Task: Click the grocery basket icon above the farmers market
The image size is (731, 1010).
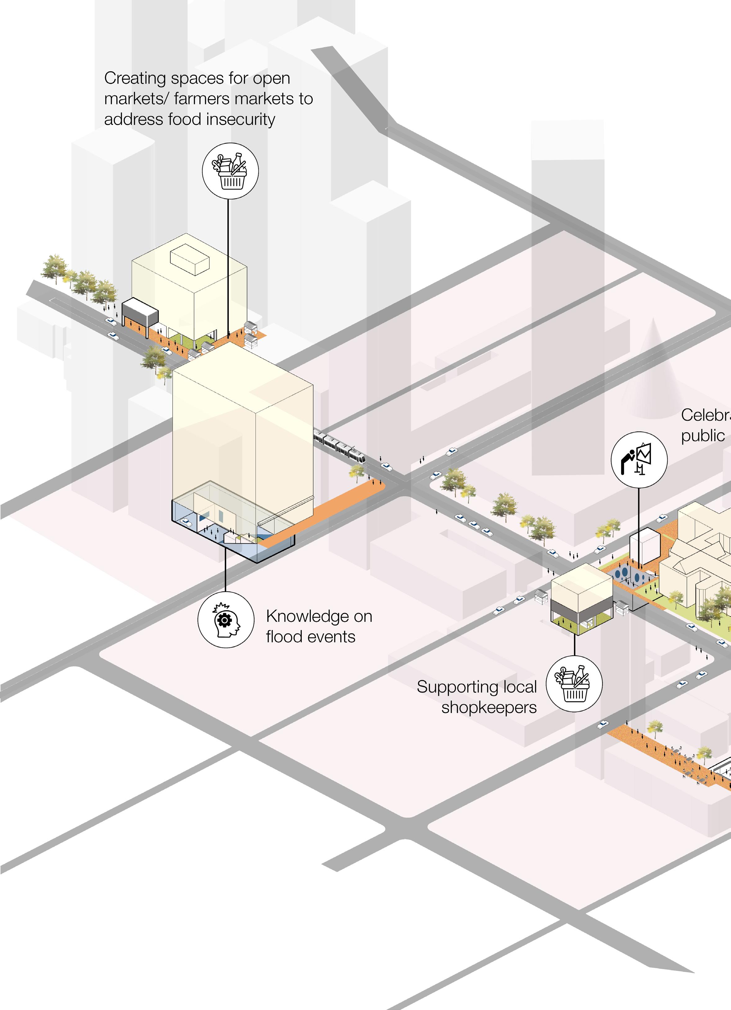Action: (230, 171)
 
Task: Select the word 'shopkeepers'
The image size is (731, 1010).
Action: (489, 708)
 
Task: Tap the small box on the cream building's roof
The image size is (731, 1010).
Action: (190, 260)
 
